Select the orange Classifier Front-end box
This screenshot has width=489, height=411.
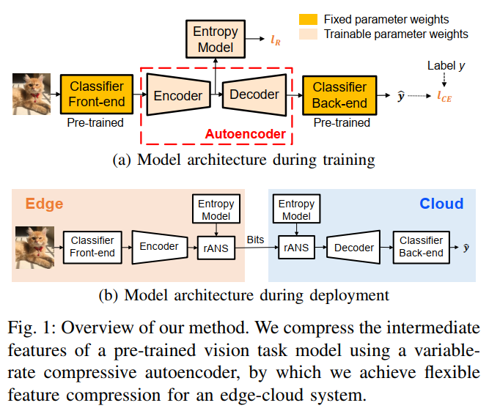coord(97,95)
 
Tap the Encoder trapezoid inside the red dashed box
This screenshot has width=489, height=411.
coord(178,95)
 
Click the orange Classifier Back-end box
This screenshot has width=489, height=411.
coord(339,95)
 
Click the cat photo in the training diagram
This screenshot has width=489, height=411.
coord(32,95)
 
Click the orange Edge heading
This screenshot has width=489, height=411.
coord(45,204)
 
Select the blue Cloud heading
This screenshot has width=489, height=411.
coord(441,204)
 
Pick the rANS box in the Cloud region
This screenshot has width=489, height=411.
coord(296,248)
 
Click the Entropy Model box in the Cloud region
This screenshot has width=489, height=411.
coord(296,210)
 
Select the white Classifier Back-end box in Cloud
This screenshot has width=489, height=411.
coord(421,247)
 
